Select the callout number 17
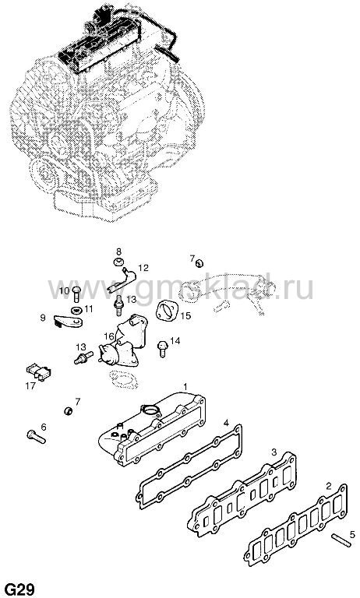point(30,385)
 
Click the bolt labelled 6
point(37,437)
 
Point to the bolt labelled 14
point(162,349)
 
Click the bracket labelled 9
point(69,322)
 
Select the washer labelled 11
point(76,309)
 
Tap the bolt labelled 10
point(76,294)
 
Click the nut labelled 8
point(118,262)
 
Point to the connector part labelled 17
point(38,371)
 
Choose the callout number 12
point(143,268)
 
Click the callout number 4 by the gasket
point(226,423)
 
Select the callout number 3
point(274,452)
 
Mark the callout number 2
point(329,486)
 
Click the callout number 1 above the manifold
point(185,387)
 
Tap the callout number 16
point(109,336)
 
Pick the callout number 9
point(43,318)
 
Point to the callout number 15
point(186,316)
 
